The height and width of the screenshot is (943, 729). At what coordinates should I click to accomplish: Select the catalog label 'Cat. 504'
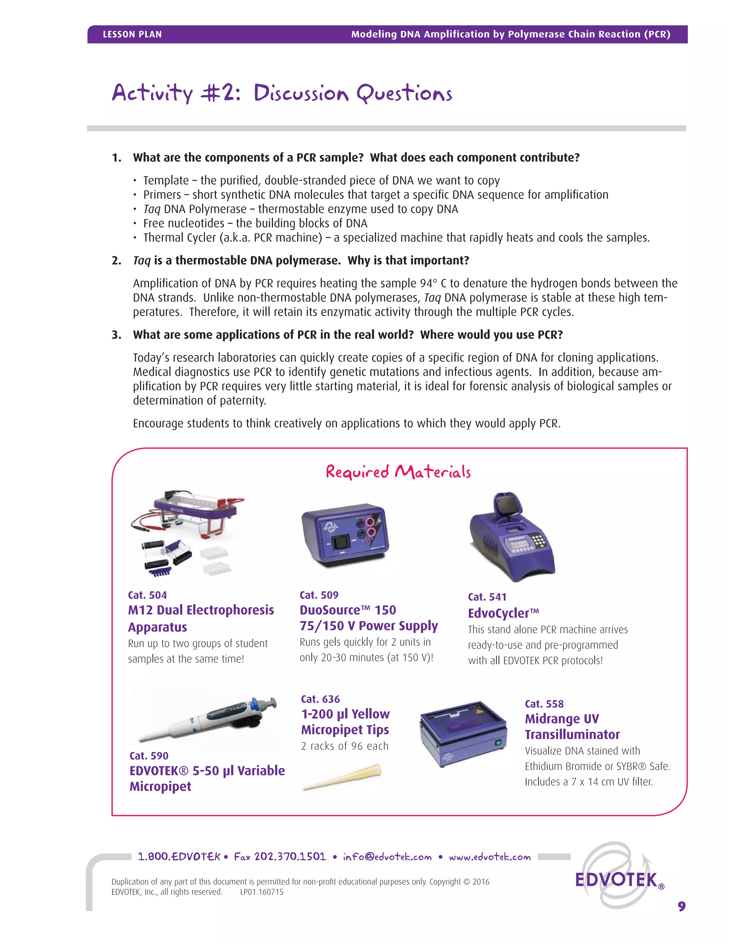coord(147,595)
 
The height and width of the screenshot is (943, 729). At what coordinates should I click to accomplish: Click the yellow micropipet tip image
coord(342,777)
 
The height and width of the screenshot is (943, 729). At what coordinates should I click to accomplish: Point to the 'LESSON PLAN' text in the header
coord(132,35)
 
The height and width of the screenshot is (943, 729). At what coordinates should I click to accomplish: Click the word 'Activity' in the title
coord(152,93)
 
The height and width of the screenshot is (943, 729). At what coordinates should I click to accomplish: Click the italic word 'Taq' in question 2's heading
coord(142,261)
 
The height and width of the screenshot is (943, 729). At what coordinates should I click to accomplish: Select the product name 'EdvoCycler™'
coord(503,613)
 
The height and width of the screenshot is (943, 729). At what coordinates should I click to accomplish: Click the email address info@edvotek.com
coord(387,857)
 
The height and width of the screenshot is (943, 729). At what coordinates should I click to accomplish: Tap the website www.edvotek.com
coord(489,857)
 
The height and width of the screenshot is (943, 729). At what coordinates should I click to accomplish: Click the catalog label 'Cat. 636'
coord(320,699)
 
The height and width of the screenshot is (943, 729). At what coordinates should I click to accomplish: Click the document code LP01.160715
coord(262,892)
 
